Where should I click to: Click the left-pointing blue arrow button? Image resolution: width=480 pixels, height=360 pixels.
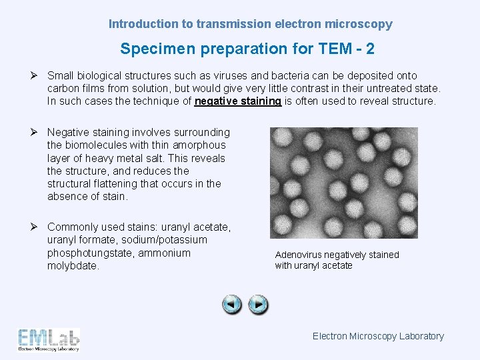pyautogui.click(x=232, y=305)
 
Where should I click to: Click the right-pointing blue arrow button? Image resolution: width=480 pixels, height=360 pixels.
pyautogui.click(x=258, y=305)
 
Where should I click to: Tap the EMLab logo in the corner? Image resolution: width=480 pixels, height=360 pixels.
pyautogui.click(x=49, y=340)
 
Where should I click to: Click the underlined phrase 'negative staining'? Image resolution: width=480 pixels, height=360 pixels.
pyautogui.click(x=237, y=101)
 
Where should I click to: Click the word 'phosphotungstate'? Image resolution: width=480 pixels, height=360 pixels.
pyautogui.click(x=87, y=253)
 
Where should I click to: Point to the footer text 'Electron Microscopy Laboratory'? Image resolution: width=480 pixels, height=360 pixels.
pyautogui.click(x=378, y=336)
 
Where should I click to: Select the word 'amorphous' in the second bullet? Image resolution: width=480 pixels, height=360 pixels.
pyautogui.click(x=199, y=145)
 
